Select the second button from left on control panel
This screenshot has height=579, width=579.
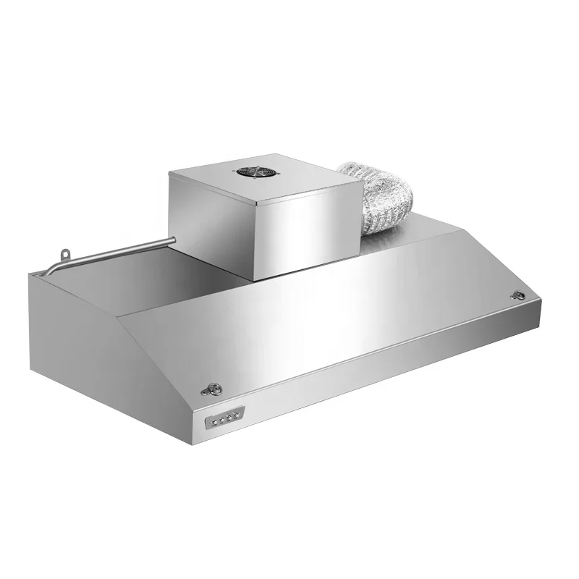[x=221, y=418]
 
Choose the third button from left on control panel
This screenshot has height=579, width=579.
[x=228, y=416]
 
